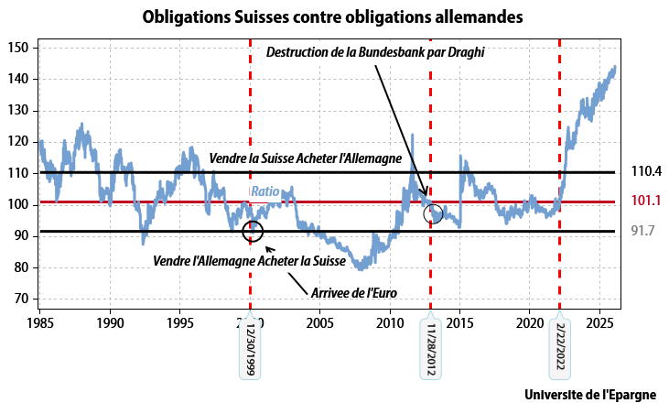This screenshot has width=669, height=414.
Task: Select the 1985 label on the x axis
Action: click(40, 323)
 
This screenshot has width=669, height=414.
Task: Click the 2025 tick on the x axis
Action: click(600, 323)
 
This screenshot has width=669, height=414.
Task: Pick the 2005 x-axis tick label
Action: click(320, 323)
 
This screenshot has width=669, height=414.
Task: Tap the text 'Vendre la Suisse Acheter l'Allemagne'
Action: click(306, 158)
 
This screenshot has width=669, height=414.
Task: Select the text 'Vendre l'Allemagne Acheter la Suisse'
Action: click(249, 261)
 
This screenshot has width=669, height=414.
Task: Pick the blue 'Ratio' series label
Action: click(265, 192)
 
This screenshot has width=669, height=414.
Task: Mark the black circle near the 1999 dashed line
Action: click(254, 231)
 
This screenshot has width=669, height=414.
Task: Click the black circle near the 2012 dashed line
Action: click(435, 214)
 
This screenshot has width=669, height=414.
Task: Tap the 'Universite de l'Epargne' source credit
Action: click(597, 395)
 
